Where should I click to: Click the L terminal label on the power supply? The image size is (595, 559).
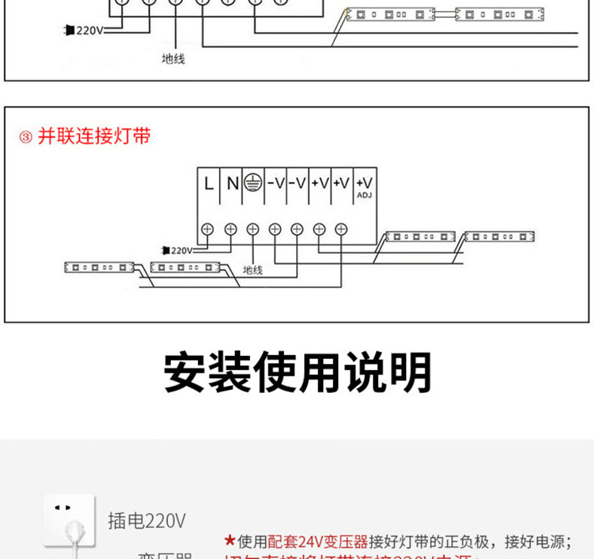(209, 184)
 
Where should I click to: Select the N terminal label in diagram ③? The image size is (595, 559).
(232, 184)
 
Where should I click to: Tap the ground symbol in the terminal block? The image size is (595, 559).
(254, 184)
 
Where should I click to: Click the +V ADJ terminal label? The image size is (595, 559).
(364, 185)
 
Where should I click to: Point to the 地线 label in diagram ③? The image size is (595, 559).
(252, 270)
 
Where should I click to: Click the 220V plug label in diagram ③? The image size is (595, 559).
(178, 250)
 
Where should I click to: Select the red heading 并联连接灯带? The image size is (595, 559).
(94, 136)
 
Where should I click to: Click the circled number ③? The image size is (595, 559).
(26, 138)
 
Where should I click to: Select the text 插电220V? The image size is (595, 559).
(146, 521)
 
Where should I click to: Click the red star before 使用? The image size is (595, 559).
(230, 541)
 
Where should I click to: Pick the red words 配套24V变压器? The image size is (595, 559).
(318, 542)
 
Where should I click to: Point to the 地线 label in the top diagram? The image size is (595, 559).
(173, 59)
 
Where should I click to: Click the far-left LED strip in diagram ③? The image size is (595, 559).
(99, 267)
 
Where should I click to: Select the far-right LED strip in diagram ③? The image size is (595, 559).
(499, 237)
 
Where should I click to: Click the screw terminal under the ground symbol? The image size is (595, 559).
(252, 229)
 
